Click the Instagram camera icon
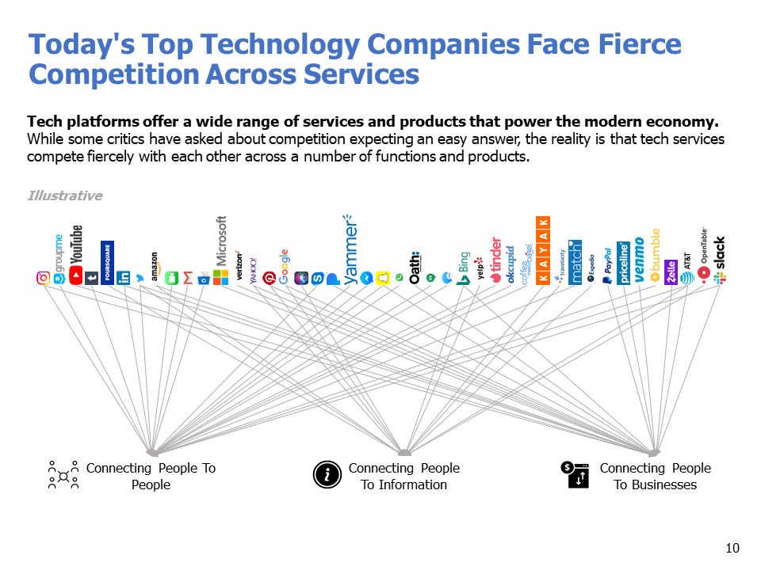44,278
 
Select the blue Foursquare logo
107,262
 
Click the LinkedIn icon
124,278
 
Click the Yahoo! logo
254,270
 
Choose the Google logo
284,267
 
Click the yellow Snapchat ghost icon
383,278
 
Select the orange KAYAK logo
542,249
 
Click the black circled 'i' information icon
326,475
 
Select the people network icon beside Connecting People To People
63,476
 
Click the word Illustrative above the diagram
65,196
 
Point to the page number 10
732,548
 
